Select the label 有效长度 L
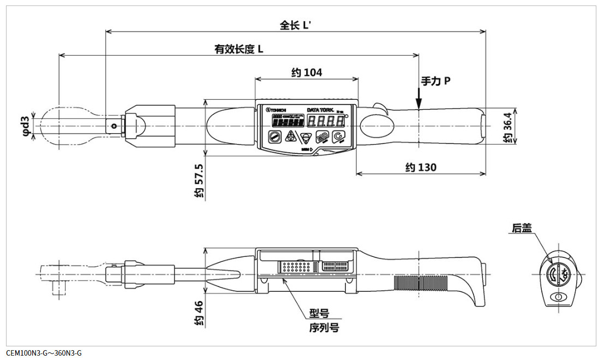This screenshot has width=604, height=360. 239,49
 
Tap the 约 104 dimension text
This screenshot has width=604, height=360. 307,73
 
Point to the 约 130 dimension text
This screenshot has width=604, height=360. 421,167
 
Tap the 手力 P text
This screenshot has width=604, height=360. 435,81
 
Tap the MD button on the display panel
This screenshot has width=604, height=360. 322,136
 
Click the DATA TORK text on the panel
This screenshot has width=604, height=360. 320,110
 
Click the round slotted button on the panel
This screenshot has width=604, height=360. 273,136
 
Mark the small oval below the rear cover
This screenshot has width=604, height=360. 557,297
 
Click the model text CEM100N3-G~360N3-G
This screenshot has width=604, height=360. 44,353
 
